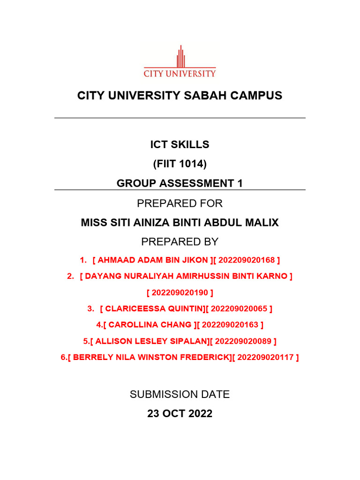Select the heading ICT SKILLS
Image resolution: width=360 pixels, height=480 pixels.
[x=180, y=145]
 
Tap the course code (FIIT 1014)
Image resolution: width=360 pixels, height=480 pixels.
[x=180, y=164]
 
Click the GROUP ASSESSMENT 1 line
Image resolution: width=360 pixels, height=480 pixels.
[x=180, y=183]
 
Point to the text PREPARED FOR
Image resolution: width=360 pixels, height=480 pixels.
[x=180, y=203]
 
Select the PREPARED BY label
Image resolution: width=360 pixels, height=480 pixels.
[x=180, y=242]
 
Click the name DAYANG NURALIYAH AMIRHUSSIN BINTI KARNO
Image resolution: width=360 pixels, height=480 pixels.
[x=186, y=276]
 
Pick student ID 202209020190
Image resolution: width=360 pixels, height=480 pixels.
[x=180, y=293]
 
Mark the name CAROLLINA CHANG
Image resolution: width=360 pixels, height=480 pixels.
[x=150, y=324]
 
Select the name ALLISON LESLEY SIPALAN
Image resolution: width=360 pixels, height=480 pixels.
[x=147, y=341]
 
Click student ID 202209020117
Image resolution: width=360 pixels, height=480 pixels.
[x=265, y=357]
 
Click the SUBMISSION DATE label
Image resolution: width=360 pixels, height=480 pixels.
[x=180, y=395]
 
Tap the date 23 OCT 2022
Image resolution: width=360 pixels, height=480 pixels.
[x=180, y=414]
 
